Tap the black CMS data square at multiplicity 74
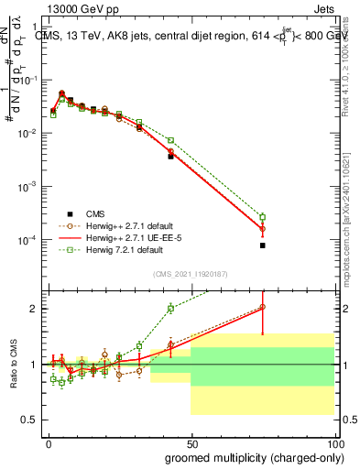[x=262, y=245]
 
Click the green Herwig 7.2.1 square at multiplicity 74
[x=262, y=217]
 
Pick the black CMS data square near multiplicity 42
[x=170, y=157]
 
